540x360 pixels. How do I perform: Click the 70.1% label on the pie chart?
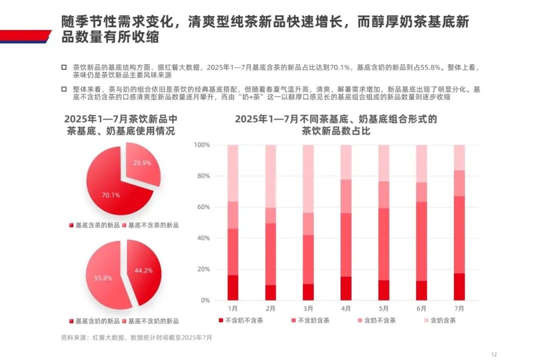tap(111, 195)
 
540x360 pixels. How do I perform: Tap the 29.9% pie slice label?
tap(142, 162)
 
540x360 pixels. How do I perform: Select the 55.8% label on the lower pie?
tap(102, 277)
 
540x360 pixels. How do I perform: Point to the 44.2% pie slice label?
tap(143, 270)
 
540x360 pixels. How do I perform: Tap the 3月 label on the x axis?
tap(308, 308)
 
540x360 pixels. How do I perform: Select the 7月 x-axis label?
tap(459, 308)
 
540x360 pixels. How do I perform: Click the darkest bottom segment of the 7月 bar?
tap(459, 286)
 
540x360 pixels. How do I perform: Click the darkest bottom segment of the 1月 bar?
tap(232, 287)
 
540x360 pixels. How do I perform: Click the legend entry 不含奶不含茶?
tap(240, 320)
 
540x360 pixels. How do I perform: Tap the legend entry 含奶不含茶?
tap(376, 320)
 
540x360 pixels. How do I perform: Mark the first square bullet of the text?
tap(63, 67)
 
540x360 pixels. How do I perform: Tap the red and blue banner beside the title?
tap(25, 36)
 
